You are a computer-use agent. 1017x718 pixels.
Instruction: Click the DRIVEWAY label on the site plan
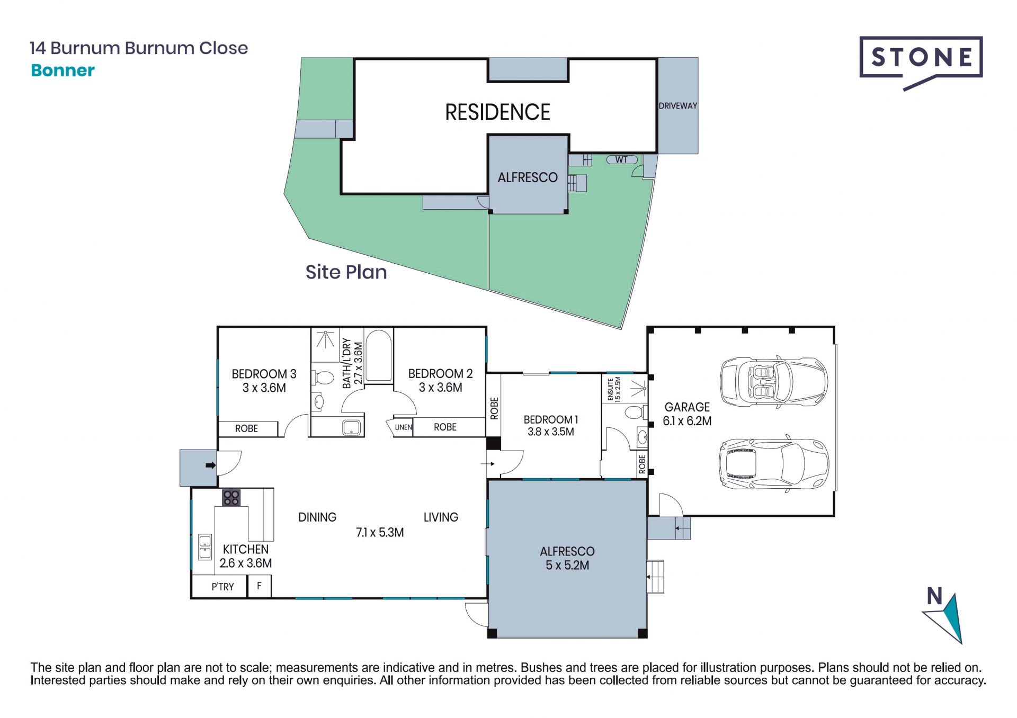click(x=677, y=106)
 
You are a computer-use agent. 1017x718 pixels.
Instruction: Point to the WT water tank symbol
click(x=622, y=159)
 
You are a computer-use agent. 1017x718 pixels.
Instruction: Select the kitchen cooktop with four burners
click(x=231, y=498)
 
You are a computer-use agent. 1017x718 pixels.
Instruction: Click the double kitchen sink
click(x=204, y=547)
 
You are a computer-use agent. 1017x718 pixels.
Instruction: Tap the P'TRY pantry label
click(x=222, y=587)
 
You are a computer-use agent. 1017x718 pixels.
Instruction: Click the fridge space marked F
click(x=259, y=586)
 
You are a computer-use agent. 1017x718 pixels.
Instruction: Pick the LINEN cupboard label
click(x=404, y=427)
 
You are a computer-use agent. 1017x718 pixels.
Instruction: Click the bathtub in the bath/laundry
click(x=378, y=356)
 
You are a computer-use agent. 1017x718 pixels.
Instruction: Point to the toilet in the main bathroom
click(x=322, y=378)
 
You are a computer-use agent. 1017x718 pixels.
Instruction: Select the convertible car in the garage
click(x=774, y=382)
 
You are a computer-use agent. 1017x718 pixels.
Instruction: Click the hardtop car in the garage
click(x=774, y=464)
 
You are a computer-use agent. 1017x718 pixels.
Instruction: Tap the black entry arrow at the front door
click(x=211, y=465)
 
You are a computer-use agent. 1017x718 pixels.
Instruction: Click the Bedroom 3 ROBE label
click(x=247, y=428)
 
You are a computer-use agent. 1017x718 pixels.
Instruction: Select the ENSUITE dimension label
click(x=614, y=390)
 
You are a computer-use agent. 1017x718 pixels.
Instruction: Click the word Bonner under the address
click(x=63, y=70)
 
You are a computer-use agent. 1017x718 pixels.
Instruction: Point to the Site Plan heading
click(x=346, y=272)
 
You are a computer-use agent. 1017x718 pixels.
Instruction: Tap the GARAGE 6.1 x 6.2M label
click(x=687, y=414)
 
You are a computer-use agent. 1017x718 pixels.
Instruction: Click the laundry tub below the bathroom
click(x=352, y=427)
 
